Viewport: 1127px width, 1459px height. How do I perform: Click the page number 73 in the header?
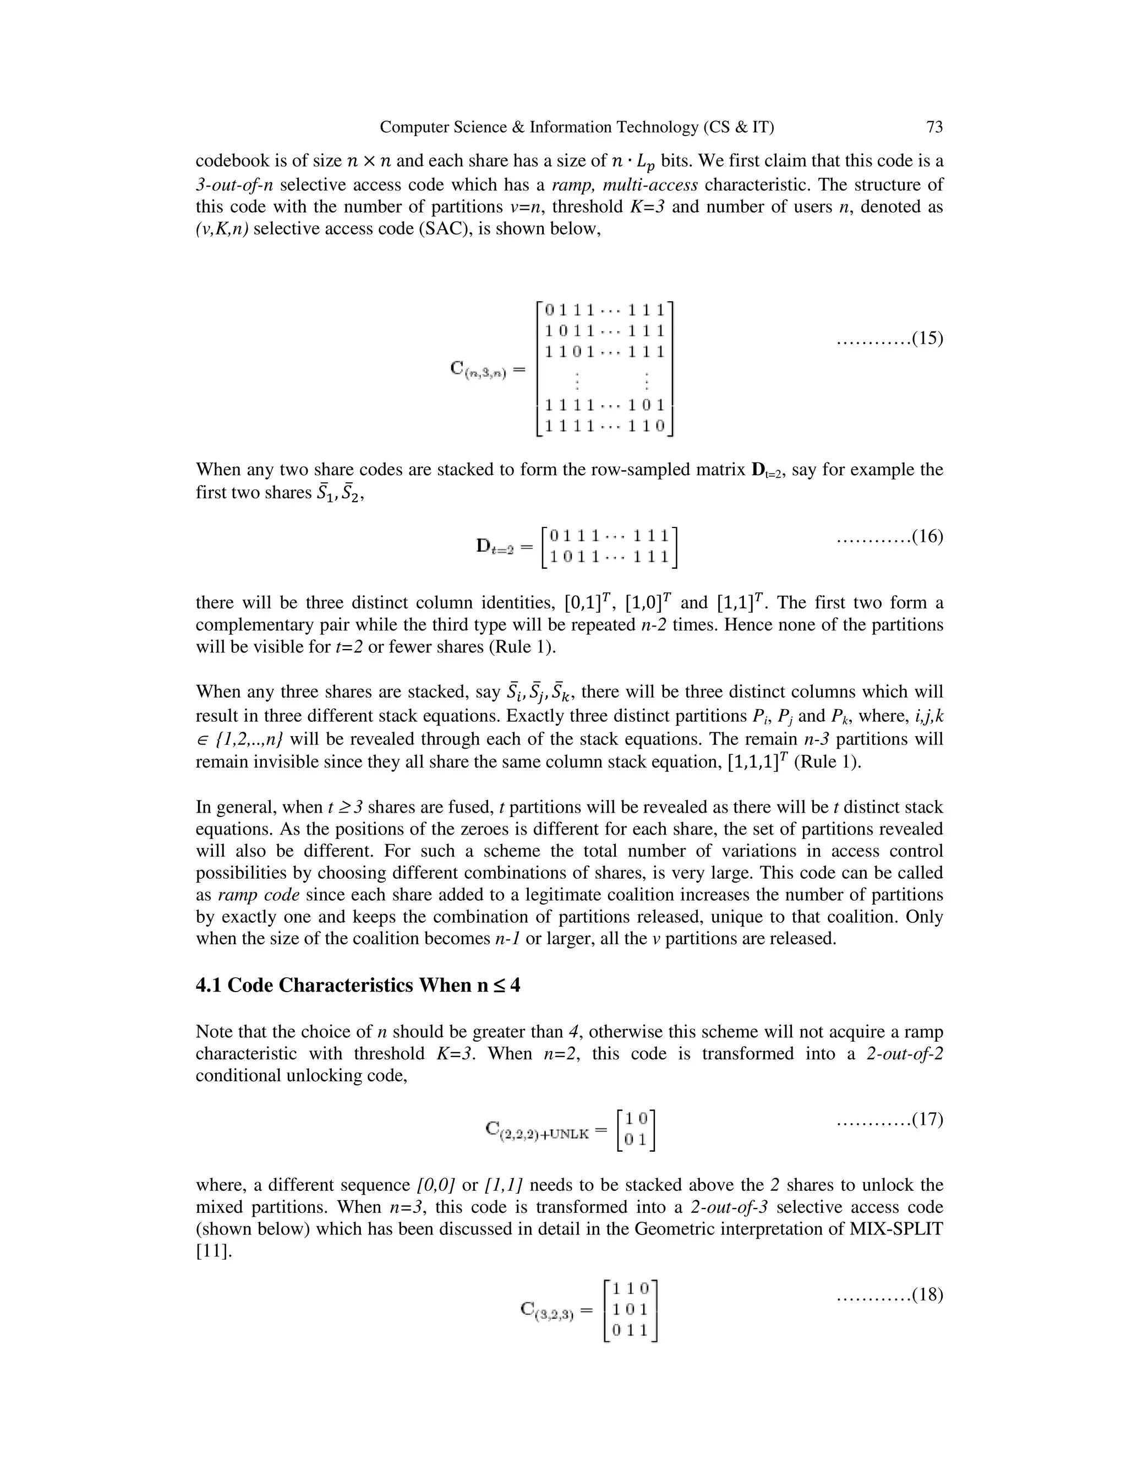click(x=934, y=127)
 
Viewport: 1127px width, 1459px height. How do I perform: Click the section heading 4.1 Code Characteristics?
click(x=358, y=986)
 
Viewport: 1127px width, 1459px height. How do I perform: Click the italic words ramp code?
click(x=259, y=895)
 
